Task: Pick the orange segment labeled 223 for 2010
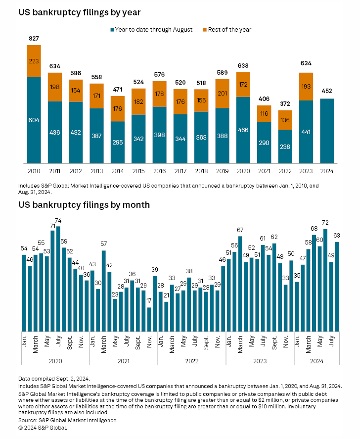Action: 34,61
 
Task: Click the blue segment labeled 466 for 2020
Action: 243,130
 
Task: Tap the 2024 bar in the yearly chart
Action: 327,131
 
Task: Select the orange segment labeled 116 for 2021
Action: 264,114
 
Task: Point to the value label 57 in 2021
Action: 104,244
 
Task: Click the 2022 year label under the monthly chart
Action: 191,361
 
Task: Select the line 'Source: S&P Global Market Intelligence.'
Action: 68,420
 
